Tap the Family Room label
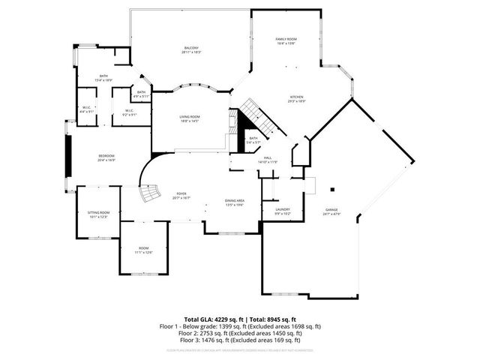pos(286,40)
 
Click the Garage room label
pos(331,211)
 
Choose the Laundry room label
pos(283,211)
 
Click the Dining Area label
pos(235,202)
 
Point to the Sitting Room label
pos(99,214)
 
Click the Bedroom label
pos(106,157)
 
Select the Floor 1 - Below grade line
pos(240,326)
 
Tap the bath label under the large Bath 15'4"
pos(141,94)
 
